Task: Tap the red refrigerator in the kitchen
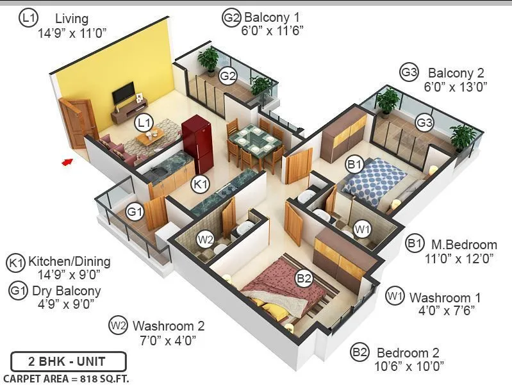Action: coord(196,136)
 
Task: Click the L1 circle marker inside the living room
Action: coord(144,120)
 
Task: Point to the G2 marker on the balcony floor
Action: coord(229,76)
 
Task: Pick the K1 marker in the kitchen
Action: coord(201,184)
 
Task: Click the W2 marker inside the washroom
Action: coord(205,240)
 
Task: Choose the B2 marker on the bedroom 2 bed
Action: coord(304,279)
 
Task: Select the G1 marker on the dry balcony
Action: coord(135,211)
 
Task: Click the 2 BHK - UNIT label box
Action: coord(58,361)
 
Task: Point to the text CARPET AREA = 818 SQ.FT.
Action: coord(66,379)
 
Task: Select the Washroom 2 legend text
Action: coord(169,325)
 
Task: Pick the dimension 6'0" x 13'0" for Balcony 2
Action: coord(455,85)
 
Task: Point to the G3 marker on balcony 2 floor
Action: coord(424,122)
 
